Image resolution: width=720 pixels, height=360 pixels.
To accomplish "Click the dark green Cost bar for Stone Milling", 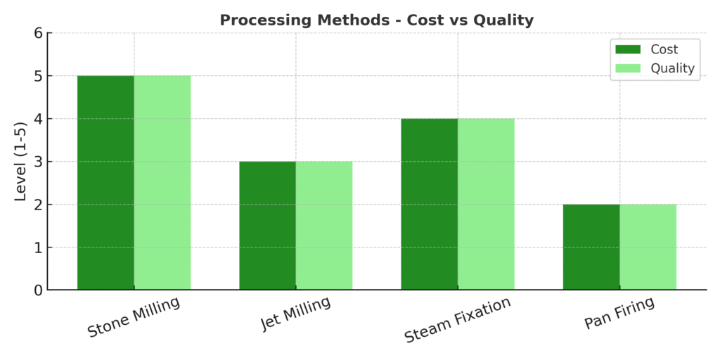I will click(x=105, y=183).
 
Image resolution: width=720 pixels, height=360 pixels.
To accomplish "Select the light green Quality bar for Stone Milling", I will click(x=162, y=183).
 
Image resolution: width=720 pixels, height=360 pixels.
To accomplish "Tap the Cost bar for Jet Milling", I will click(x=267, y=226).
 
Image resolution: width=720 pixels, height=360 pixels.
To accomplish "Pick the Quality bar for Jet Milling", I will click(x=324, y=226).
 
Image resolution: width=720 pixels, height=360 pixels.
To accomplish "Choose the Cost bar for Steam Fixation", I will click(x=429, y=204).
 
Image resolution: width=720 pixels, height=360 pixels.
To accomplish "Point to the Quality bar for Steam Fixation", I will click(x=486, y=204).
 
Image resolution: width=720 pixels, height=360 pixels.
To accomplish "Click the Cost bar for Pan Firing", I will click(x=591, y=247).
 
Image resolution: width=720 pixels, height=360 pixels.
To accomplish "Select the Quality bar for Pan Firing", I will click(x=648, y=247).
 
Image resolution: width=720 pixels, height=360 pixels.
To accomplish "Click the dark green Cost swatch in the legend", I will click(x=628, y=49).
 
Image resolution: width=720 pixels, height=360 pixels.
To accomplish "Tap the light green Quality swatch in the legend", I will click(x=628, y=68).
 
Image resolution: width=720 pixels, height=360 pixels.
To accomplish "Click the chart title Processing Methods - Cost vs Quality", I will click(x=376, y=20).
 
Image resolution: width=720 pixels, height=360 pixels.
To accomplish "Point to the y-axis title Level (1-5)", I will click(x=21, y=161).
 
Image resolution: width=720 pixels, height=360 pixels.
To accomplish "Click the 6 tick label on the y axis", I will click(x=37, y=33).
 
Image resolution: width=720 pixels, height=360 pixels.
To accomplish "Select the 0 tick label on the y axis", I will click(x=37, y=290).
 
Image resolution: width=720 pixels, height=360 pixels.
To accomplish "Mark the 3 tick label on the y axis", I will click(x=37, y=162).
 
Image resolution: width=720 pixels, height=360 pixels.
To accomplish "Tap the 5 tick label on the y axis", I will click(x=37, y=76).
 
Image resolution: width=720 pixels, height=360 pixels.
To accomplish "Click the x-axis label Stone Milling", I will click(x=134, y=317).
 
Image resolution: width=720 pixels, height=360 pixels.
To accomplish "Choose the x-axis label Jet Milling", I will click(x=296, y=314).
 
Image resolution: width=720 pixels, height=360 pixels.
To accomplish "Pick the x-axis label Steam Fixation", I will click(x=458, y=320).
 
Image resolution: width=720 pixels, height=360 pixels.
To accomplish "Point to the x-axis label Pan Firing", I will click(x=619, y=313).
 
